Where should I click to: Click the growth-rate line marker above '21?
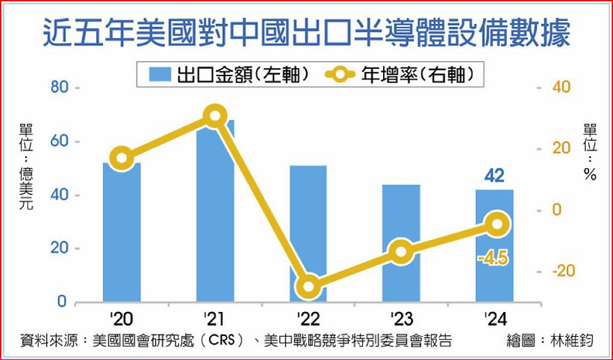215,116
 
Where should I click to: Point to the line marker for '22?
308,286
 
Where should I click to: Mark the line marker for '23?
401,252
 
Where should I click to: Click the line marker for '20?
122,158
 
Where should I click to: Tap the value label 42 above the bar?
494,176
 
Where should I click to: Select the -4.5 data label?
493,259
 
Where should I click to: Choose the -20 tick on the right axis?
563,271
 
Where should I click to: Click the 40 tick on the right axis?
561,88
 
